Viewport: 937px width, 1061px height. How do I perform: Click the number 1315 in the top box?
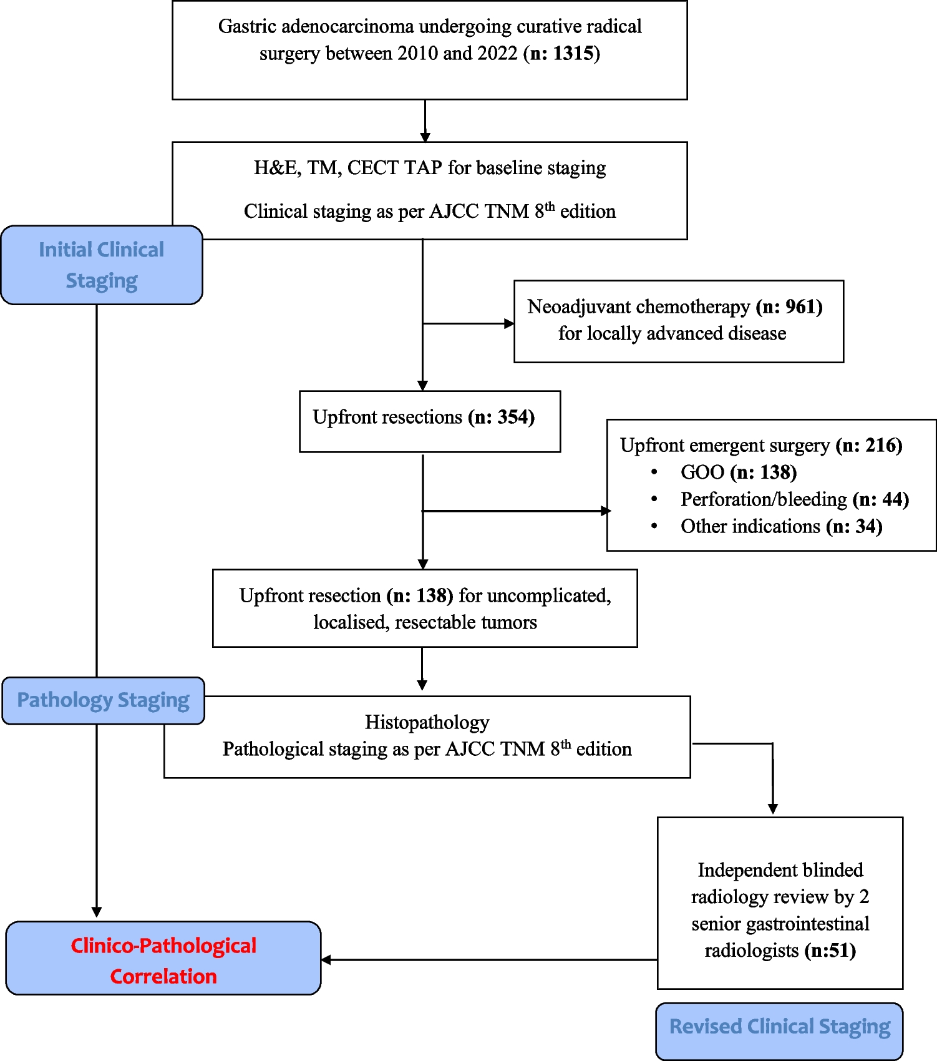[573, 54]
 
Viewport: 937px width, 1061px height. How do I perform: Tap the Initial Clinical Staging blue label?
[102, 265]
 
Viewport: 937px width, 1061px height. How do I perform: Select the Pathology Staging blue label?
[103, 700]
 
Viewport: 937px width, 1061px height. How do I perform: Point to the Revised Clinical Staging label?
[780, 1027]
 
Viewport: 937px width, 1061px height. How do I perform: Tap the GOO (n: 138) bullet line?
[738, 472]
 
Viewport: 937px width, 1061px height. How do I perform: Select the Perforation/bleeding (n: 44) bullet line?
[794, 499]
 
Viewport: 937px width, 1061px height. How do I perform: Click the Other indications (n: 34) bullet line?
[781, 527]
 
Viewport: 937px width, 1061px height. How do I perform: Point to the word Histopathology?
[427, 722]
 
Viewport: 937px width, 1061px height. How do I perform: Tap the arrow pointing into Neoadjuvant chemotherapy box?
[508, 323]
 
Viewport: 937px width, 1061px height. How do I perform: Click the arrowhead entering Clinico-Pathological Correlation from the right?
[326, 960]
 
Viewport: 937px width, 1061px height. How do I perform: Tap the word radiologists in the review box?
[752, 951]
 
